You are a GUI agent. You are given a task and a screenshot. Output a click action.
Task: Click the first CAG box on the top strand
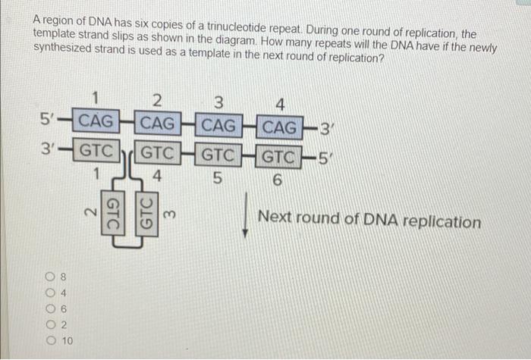[x=96, y=121]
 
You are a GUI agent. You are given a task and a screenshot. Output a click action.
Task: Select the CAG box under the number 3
[x=219, y=123]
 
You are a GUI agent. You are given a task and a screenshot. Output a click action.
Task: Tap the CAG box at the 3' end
[x=280, y=124]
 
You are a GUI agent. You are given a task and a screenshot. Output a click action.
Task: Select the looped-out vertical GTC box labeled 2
[x=111, y=214]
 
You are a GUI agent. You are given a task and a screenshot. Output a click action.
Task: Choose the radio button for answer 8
[x=49, y=277]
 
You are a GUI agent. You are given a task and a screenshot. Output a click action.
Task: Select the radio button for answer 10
[x=49, y=340]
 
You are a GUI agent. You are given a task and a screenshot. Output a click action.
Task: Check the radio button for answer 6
[x=49, y=308]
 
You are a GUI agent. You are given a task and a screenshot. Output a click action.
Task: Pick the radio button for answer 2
[x=49, y=324]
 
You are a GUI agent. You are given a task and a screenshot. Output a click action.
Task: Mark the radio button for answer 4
[x=49, y=293]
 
